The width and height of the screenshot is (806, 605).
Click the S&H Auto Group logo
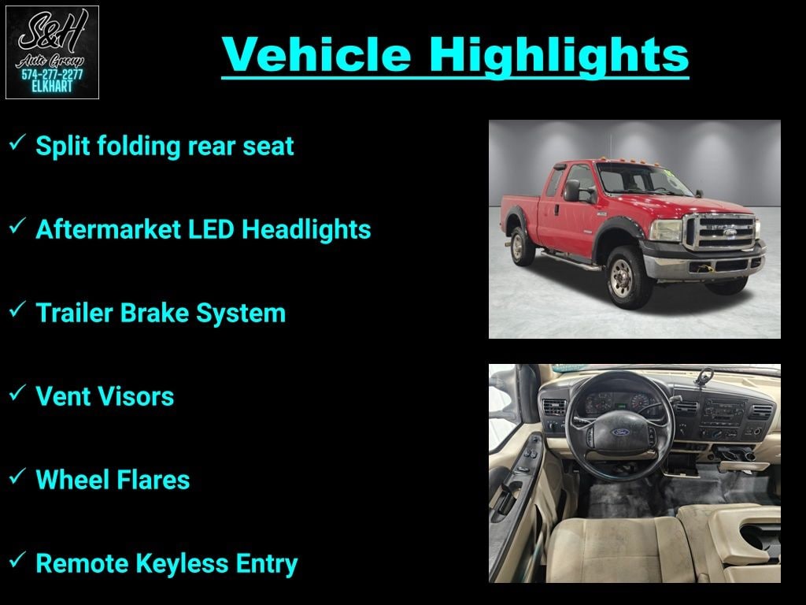[52, 52]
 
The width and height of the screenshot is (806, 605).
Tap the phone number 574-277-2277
[52, 75]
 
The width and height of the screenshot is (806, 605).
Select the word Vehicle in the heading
[316, 54]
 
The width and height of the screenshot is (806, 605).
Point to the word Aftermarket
[108, 229]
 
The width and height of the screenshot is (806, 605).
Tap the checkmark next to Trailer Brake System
[17, 309]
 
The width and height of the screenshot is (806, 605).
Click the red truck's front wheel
[623, 278]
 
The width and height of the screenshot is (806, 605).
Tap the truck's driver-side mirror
[572, 191]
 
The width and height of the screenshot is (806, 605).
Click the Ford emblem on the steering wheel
[621, 432]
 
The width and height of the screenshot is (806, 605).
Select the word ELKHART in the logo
[52, 87]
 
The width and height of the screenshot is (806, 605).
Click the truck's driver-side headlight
[666, 231]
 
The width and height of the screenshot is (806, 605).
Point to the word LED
[211, 229]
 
